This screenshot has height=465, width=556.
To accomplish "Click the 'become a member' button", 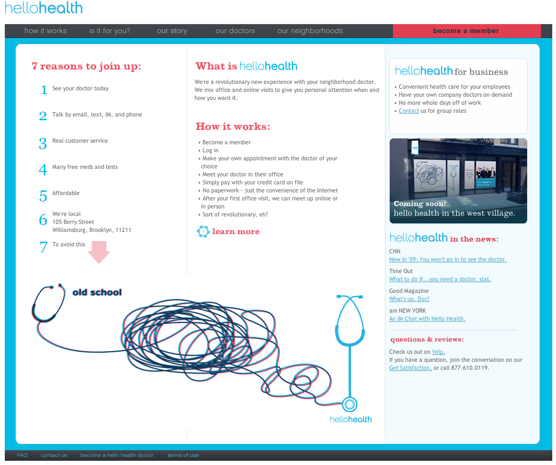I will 466,31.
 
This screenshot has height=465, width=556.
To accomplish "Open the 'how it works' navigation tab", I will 45,31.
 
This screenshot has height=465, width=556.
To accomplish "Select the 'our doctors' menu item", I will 235,31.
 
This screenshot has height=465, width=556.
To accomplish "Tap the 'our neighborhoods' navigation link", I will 310,31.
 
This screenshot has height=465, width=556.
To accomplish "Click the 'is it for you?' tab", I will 110,31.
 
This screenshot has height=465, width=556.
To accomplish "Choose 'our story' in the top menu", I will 172,31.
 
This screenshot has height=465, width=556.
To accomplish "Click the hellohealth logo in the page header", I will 44,8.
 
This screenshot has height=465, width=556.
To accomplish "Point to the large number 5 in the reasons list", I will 43,196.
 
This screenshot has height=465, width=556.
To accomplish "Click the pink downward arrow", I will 99,252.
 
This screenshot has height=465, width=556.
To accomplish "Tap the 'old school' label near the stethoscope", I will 97,292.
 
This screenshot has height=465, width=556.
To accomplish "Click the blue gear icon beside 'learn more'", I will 203,231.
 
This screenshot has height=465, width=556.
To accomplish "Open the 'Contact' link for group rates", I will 409,111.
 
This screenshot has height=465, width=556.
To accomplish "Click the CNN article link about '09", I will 447,260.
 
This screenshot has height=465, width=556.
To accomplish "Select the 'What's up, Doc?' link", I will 409,299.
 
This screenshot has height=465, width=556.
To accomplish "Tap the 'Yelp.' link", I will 438,352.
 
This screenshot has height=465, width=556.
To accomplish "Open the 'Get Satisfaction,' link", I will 410,368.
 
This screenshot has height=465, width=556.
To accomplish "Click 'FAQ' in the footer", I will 22,455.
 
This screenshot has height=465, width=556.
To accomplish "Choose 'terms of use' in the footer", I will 183,455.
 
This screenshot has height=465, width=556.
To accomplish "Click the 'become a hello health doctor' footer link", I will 117,455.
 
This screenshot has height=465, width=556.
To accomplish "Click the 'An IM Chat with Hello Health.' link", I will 427,319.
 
